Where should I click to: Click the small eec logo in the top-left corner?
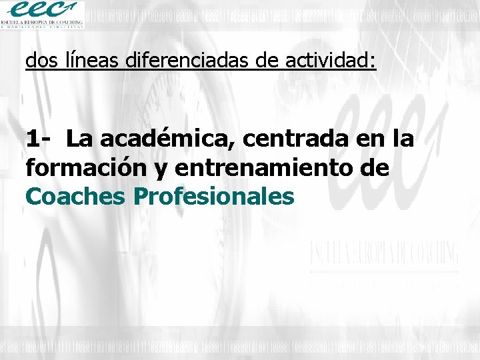tap(43, 10)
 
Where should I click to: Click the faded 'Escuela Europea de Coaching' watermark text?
tap(383, 254)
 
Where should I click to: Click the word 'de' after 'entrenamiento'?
tap(374, 168)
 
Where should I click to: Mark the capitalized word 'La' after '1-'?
tap(80, 139)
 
